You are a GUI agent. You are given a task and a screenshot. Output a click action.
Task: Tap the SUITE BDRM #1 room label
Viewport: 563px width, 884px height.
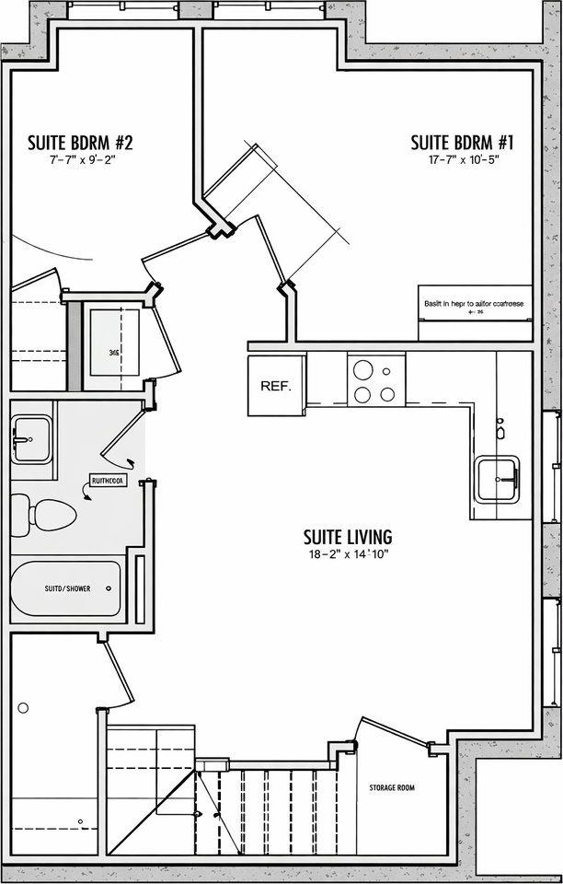click(x=462, y=143)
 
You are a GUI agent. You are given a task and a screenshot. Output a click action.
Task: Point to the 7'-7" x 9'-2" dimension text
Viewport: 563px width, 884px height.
click(x=83, y=160)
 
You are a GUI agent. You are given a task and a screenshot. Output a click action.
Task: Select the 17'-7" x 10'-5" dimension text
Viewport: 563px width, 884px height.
click(x=462, y=160)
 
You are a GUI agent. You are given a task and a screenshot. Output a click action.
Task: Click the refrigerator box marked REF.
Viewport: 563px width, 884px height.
click(x=276, y=386)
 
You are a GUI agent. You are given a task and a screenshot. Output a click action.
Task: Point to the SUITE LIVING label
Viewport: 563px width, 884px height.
click(x=349, y=536)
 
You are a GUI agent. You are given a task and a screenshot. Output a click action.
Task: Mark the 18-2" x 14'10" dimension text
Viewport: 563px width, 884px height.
click(x=349, y=554)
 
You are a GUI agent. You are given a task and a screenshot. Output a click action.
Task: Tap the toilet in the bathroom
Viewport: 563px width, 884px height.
click(x=44, y=515)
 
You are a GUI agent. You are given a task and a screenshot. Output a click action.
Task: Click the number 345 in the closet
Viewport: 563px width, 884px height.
click(x=113, y=352)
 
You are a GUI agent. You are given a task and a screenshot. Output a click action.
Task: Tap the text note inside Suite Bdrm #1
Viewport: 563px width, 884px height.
click(x=474, y=303)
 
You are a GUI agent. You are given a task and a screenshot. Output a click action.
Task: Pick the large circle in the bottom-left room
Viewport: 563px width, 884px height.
click(x=24, y=707)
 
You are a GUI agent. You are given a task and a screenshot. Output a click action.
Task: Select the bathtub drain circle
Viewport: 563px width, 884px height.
click(x=109, y=587)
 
